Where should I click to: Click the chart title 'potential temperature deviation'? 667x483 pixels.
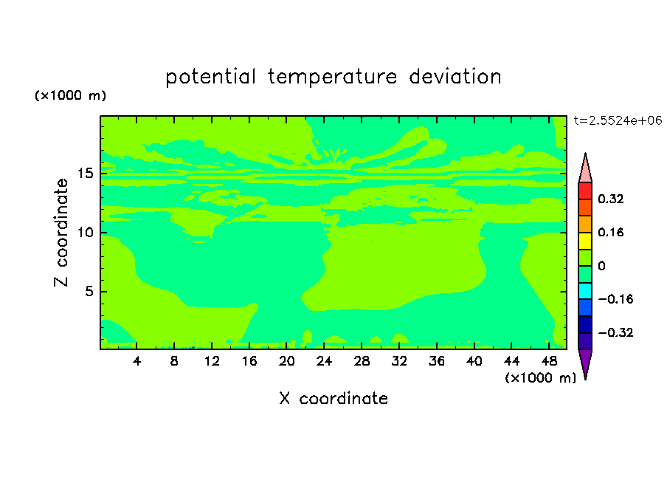pos(333,77)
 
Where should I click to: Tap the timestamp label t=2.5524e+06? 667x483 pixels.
pos(618,120)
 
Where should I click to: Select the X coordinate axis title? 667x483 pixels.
pos(333,398)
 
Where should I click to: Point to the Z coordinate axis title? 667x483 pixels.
pos(61,233)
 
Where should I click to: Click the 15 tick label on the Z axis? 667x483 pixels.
pos(86,174)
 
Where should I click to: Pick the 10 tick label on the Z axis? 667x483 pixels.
pos(86,233)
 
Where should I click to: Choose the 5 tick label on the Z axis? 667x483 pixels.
pos(89,291)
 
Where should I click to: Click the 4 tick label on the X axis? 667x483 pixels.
pos(136,361)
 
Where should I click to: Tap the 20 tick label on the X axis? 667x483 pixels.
pos(287,361)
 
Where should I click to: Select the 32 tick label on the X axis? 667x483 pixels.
pos(399,361)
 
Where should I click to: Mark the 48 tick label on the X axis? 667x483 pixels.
pos(549,361)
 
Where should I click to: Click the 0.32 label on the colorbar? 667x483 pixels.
pos(610,199)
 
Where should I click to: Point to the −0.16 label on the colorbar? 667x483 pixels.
pos(615,299)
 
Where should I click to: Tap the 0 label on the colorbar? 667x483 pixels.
pos(601,266)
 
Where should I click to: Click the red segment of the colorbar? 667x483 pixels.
pos(585,191)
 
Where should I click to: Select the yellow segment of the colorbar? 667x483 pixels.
pos(585,241)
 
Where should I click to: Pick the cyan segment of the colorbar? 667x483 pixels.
pos(585,291)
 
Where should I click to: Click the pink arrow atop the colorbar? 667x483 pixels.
pos(585,171)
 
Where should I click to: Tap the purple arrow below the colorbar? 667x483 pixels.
pos(585,362)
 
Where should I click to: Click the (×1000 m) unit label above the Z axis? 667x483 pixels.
pos(70,95)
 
